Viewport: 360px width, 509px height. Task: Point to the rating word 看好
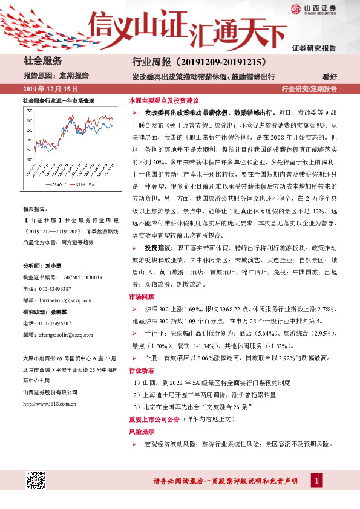(330, 77)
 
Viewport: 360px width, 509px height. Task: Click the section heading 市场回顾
(142, 297)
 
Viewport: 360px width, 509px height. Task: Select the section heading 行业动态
(142, 370)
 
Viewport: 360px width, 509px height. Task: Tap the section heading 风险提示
(142, 433)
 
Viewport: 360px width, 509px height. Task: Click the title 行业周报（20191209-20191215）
(199, 62)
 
